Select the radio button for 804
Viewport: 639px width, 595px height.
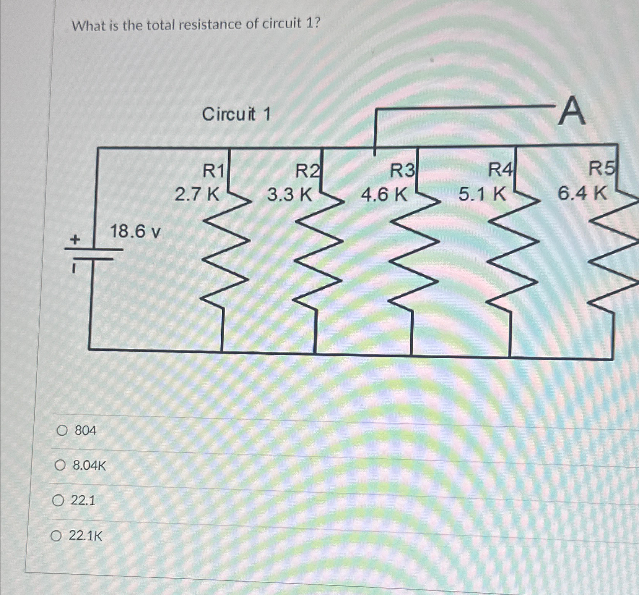pyautogui.click(x=62, y=431)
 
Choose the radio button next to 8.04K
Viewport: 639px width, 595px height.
pyautogui.click(x=60, y=466)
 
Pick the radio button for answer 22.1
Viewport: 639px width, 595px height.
pyautogui.click(x=58, y=500)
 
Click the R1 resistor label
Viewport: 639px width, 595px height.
pyautogui.click(x=213, y=170)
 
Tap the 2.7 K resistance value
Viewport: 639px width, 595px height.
pyautogui.click(x=197, y=194)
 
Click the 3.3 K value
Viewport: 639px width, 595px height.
pyautogui.click(x=289, y=195)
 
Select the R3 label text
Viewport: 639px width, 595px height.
pyautogui.click(x=402, y=170)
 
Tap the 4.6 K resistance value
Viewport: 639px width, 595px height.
pyautogui.click(x=384, y=195)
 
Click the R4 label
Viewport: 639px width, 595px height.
pyautogui.click(x=500, y=170)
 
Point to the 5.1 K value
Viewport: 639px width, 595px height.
pyautogui.click(x=482, y=194)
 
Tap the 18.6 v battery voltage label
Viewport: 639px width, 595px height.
pyautogui.click(x=135, y=231)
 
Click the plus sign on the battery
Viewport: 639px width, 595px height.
pyautogui.click(x=75, y=240)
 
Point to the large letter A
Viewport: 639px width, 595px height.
pyautogui.click(x=571, y=112)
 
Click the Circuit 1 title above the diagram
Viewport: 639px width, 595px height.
pyautogui.click(x=236, y=114)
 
